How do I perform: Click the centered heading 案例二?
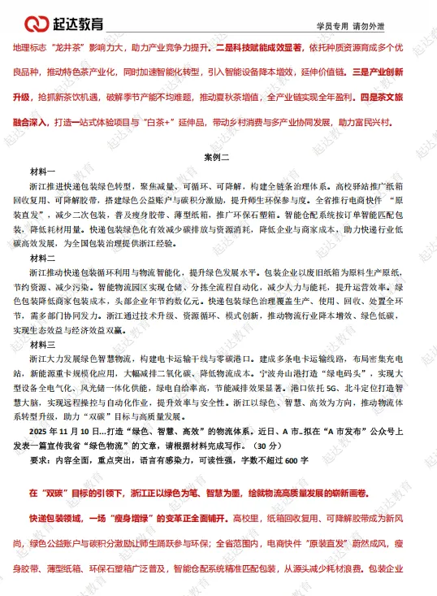(218, 155)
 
